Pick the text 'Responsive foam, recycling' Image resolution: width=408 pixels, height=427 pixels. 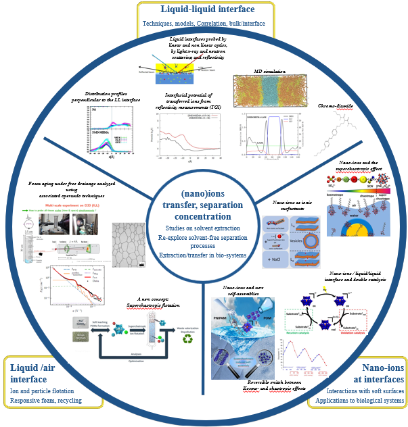[x=47, y=401]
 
